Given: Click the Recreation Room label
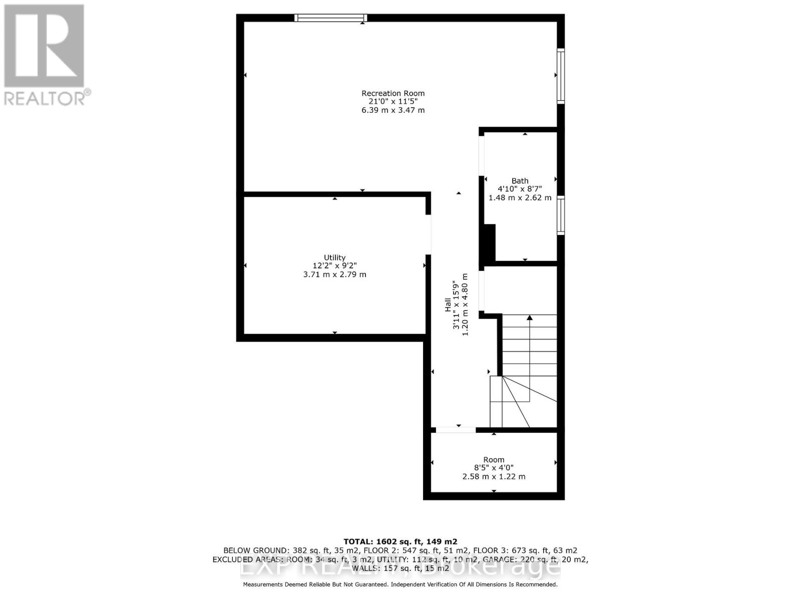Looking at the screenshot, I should [x=393, y=93].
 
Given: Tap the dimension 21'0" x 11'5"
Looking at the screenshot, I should [x=393, y=102].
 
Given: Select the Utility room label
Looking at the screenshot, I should [x=334, y=257].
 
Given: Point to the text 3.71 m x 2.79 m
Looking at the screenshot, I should [x=334, y=274].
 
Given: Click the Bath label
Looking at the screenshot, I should [x=520, y=181].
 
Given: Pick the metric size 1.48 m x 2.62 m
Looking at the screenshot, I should [x=520, y=198].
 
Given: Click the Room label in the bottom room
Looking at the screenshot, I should [x=494, y=460].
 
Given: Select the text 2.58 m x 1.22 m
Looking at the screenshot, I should [x=494, y=477].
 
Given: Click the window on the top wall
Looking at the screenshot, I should [x=330, y=18].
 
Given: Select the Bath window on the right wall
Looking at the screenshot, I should [x=561, y=215].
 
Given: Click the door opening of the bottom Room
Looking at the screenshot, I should [x=456, y=430].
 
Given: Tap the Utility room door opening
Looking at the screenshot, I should [x=428, y=234].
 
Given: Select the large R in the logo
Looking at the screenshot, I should [x=44, y=46].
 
